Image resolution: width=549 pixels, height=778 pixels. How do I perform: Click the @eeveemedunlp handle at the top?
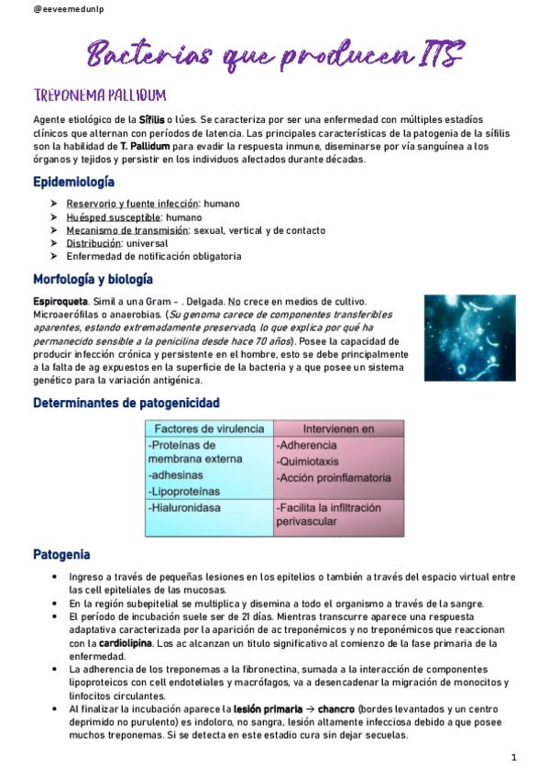click(x=43, y=9)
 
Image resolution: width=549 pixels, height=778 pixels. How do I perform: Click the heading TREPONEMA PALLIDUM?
click(x=99, y=96)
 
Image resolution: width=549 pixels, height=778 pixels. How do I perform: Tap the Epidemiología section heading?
click(x=74, y=182)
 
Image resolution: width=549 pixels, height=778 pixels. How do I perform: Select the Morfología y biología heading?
click(x=93, y=279)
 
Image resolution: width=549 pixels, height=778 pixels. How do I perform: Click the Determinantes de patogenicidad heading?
click(x=126, y=403)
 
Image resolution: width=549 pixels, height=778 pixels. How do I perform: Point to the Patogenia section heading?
click(x=61, y=554)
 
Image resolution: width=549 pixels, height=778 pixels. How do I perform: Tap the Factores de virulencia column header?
click(x=209, y=428)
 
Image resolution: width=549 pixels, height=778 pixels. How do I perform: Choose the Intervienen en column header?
click(x=338, y=428)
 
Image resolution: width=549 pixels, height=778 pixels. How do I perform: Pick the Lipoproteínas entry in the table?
click(x=187, y=491)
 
